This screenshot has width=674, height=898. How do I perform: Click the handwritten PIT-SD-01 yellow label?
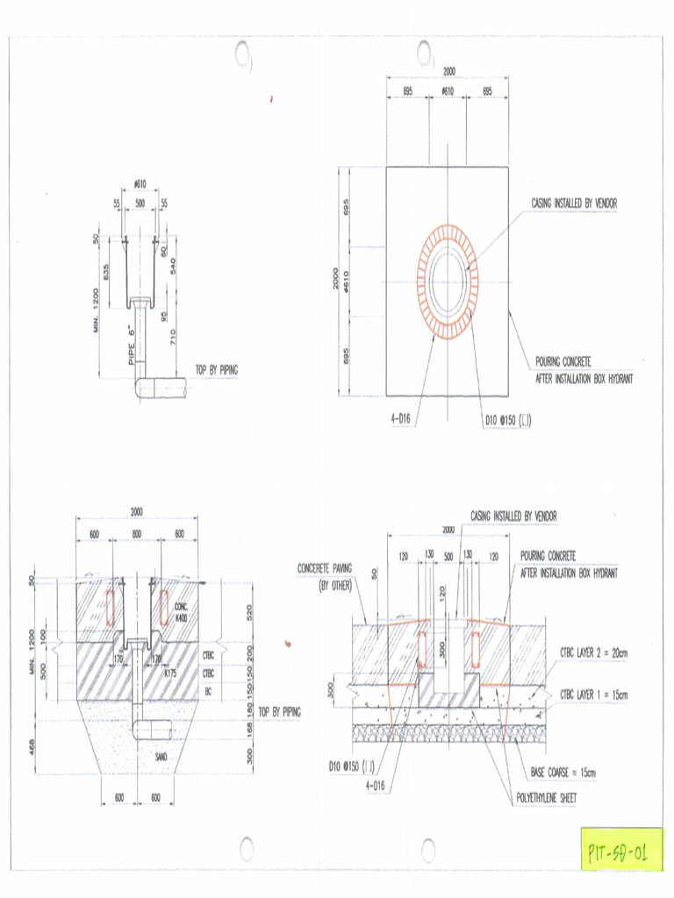(620, 851)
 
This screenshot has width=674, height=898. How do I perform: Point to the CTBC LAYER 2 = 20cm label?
(593, 652)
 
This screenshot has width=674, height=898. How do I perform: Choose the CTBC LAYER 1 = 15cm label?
(593, 695)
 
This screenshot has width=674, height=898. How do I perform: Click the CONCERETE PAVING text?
(325, 569)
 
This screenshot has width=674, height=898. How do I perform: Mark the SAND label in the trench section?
(161, 755)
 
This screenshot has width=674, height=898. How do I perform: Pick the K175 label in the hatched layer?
(170, 673)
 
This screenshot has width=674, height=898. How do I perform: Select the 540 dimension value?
(172, 266)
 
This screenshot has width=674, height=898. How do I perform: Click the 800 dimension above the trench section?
(137, 534)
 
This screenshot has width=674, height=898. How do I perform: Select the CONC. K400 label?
(182, 611)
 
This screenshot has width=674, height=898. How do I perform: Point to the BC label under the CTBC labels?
(208, 692)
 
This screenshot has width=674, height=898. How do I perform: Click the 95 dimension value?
(164, 315)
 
